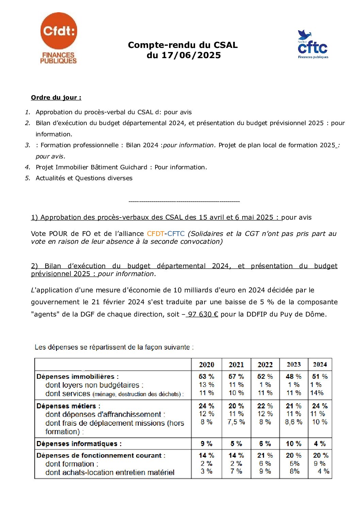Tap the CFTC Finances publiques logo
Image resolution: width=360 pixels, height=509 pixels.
click(313, 45)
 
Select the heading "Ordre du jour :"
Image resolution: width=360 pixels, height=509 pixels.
click(56, 98)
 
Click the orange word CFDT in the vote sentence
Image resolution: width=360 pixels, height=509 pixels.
click(156, 234)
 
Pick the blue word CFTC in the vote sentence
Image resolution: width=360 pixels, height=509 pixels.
click(176, 234)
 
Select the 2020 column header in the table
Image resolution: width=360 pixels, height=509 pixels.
click(207, 365)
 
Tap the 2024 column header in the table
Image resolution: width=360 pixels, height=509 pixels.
click(320, 364)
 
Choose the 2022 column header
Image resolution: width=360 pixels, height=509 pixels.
click(265, 365)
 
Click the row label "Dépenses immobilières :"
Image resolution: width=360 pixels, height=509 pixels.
click(78, 377)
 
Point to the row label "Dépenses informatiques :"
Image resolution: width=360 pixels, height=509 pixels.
click(79, 444)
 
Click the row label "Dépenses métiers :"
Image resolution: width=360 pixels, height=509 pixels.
click(68, 406)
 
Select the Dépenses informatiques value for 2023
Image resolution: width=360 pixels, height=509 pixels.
click(294, 444)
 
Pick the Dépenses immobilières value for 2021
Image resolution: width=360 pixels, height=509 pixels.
click(236, 377)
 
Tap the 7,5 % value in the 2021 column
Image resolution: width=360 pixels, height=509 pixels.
click(236, 422)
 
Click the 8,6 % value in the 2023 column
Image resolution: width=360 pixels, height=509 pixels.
click(294, 422)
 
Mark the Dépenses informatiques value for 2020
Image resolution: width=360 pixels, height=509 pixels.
click(207, 444)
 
